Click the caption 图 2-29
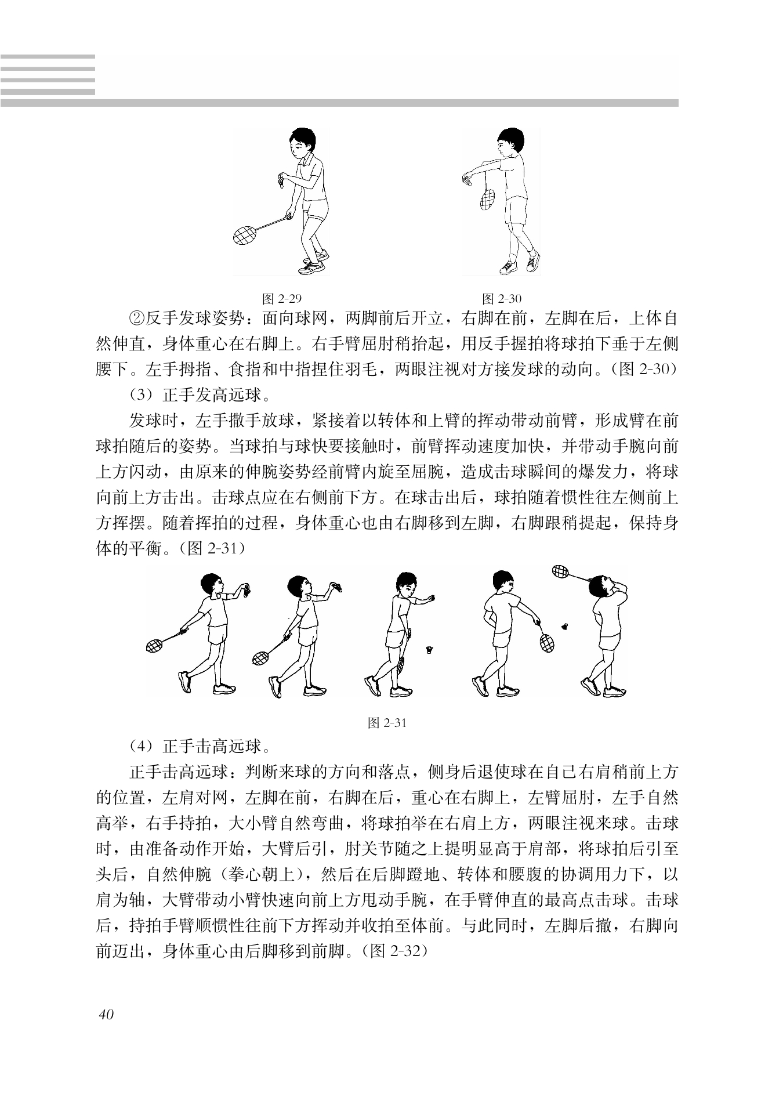(x=282, y=299)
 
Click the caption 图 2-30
(x=502, y=299)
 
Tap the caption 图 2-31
(x=387, y=722)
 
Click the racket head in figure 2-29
(x=244, y=234)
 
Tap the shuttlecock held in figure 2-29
(x=281, y=179)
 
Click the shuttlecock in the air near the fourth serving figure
(x=566, y=626)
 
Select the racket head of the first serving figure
(x=155, y=646)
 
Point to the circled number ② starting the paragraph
(x=136, y=319)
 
